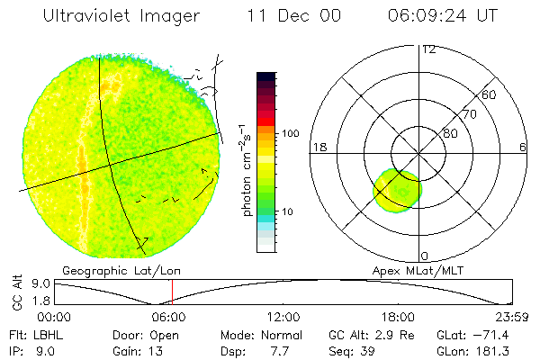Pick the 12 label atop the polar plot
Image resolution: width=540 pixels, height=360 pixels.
click(428, 49)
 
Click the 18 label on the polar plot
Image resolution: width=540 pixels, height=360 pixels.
click(318, 147)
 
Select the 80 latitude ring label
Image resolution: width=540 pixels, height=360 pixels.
click(449, 133)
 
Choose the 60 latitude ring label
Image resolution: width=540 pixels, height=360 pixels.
click(490, 94)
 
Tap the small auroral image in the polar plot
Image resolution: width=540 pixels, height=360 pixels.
click(397, 190)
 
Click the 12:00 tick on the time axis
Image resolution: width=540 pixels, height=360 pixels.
click(284, 317)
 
